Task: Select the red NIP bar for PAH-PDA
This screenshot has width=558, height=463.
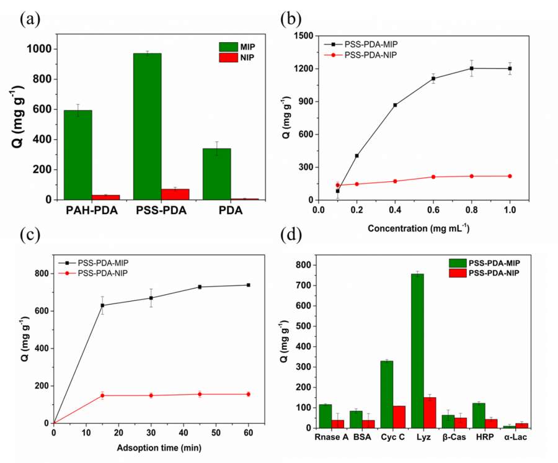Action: point(105,197)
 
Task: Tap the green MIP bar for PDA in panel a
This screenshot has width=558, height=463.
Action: point(217,174)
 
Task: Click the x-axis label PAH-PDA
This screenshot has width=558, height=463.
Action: point(92,211)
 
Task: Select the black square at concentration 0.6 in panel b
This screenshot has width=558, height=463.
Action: point(433,78)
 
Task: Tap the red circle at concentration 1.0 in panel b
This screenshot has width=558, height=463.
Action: point(510,176)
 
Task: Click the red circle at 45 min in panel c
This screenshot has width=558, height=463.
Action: point(200,394)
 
